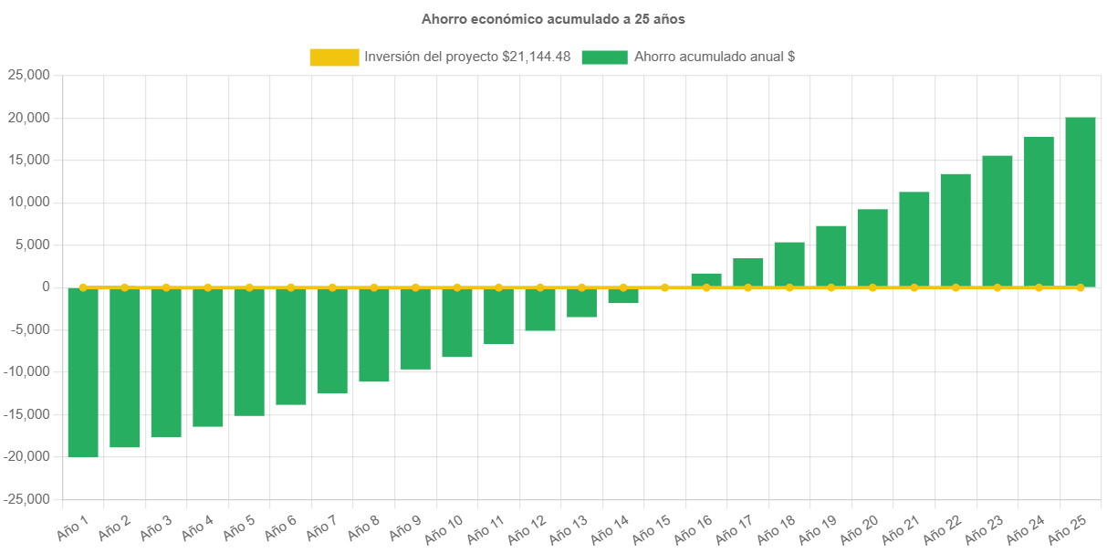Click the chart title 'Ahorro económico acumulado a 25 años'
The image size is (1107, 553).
553,19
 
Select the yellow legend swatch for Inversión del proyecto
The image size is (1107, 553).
334,57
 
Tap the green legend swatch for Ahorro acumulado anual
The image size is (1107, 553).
604,57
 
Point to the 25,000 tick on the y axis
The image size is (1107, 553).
28,76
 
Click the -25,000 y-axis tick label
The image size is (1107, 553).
26,499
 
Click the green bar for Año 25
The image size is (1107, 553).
1081,202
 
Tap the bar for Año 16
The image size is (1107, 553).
706,280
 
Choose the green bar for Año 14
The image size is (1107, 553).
623,297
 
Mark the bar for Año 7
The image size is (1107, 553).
332,341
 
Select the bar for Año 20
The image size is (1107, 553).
872,248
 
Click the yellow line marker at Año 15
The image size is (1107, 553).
664,287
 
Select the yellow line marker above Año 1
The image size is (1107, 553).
83,287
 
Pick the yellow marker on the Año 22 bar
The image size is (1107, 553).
956,287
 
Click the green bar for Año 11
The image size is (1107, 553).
498,317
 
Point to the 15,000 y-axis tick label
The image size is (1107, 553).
28,161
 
